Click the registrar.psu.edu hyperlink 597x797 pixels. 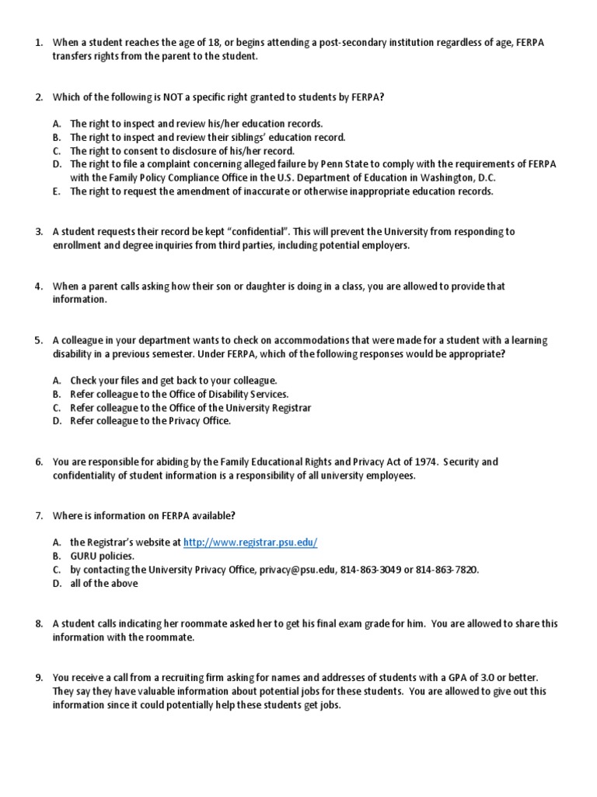coord(250,542)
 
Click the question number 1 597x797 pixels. coord(38,42)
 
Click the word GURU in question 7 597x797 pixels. coord(84,556)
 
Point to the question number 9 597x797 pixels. coord(38,678)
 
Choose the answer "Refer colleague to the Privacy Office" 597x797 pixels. coord(150,421)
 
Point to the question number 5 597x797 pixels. coord(38,340)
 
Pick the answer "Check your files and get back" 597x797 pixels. coord(173,381)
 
